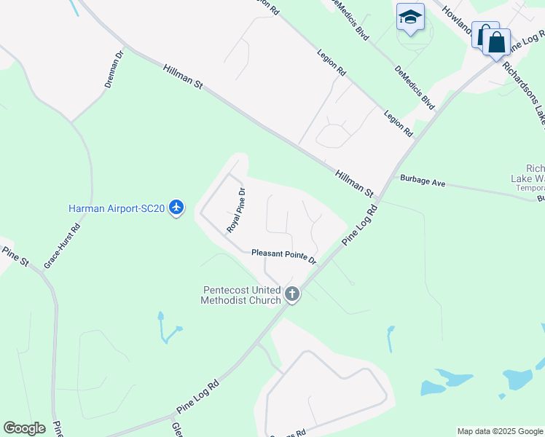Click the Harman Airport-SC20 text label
pyautogui.click(x=117, y=208)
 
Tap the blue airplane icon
pyautogui.click(x=176, y=208)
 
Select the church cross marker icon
pyautogui.click(x=292, y=295)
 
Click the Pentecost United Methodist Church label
pyautogui.click(x=241, y=295)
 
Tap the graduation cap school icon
pyautogui.click(x=410, y=16)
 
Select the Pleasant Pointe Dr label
pyautogui.click(x=284, y=256)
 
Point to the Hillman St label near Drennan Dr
pyautogui.click(x=183, y=76)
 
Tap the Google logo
pyautogui.click(x=24, y=428)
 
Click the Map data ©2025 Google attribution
pyautogui.click(x=500, y=431)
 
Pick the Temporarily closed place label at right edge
pyautogui.click(x=530, y=187)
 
